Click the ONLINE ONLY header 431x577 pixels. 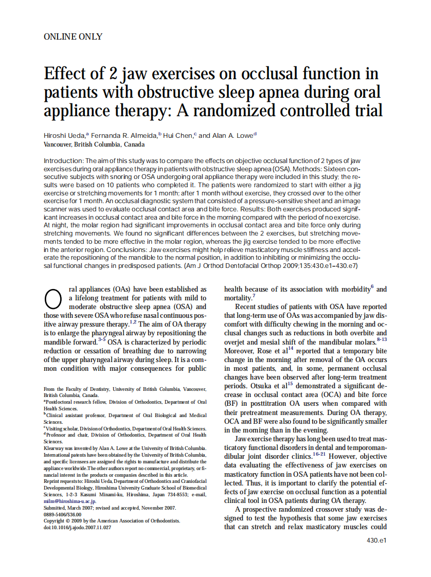pos(73,37)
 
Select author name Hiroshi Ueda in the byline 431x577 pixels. pos(65,136)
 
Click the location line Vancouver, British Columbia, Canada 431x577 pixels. pos(94,145)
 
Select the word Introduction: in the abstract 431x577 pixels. pos(64,161)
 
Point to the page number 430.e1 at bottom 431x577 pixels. pos(376,540)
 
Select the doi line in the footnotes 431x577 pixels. pos(77,527)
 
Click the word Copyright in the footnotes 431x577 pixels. pos(55,520)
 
